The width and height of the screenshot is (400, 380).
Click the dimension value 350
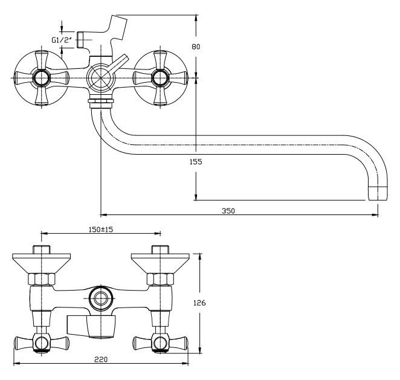227,210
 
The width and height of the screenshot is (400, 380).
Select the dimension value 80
195,47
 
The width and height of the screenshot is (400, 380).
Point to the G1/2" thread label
62,40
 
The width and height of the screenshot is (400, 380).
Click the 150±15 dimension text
100,230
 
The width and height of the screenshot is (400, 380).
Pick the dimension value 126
207,304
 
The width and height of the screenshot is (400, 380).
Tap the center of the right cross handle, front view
160,77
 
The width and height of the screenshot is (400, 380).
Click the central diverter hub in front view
99,77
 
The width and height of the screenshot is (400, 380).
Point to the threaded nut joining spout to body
100,100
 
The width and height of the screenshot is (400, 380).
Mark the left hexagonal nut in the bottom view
40,279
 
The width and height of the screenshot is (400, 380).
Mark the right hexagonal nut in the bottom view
160,279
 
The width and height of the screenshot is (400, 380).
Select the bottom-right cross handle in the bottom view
160,343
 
